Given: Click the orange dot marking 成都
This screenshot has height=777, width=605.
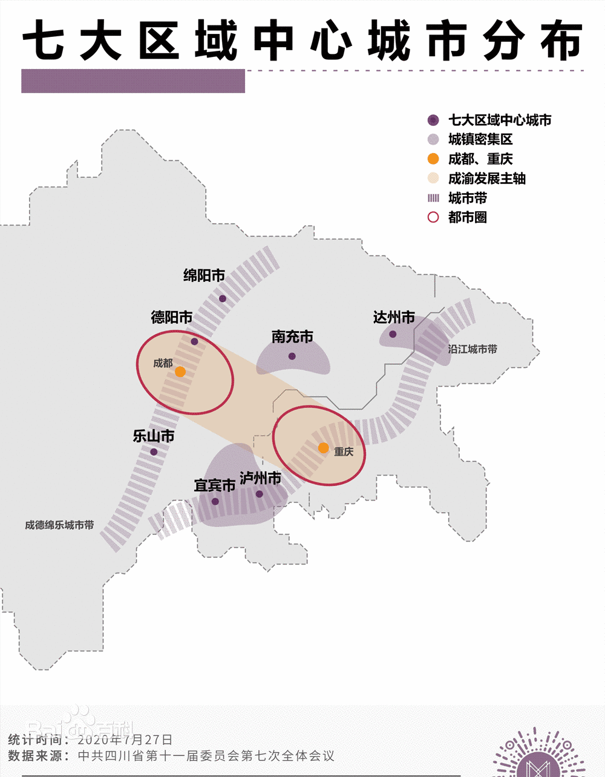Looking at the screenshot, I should click(180, 372).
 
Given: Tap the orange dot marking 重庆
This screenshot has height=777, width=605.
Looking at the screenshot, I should click(324, 448).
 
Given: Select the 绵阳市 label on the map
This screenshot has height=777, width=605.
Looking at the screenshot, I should click(204, 276).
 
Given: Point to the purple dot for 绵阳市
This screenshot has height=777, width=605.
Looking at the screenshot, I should click(223, 298).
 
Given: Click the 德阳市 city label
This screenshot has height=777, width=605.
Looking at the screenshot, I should click(172, 317).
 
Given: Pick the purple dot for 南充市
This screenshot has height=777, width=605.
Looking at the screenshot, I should click(292, 356).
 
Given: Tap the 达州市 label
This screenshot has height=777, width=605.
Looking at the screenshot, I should click(394, 317).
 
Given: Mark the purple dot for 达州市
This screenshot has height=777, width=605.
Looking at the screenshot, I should click(393, 334).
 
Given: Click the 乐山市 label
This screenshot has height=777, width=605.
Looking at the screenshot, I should click(154, 436).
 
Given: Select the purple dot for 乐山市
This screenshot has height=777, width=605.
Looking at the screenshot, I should click(154, 452).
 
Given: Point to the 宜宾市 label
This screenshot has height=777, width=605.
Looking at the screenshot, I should click(214, 485).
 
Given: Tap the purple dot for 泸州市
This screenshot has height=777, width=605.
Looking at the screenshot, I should click(260, 494).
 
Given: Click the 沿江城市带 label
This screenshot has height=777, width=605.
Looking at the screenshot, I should click(473, 349).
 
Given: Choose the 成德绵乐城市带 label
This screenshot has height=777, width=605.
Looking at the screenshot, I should click(59, 525).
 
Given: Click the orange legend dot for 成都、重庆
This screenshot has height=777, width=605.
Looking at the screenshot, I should click(433, 159).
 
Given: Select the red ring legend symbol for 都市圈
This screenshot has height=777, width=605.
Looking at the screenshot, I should click(433, 217).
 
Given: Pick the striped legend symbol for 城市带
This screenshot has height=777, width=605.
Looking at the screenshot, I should click(433, 198).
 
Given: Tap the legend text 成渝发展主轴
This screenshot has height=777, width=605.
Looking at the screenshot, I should click(487, 179).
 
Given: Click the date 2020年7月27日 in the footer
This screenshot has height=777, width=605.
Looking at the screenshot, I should click(125, 739).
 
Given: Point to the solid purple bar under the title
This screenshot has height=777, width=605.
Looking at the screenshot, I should click(133, 81).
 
